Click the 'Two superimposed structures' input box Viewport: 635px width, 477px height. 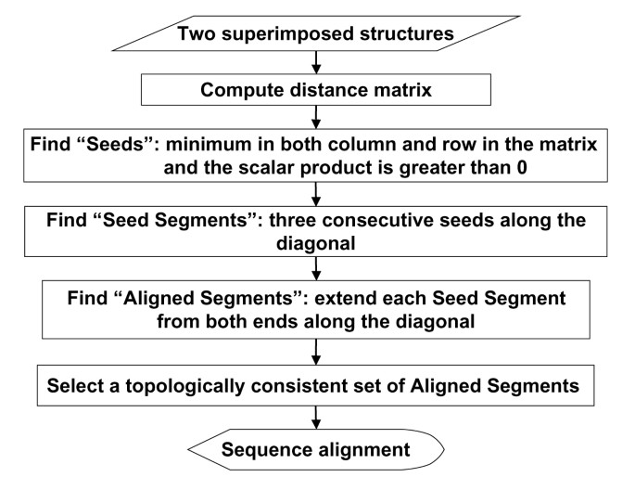click(317, 33)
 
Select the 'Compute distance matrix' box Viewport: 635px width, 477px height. click(317, 91)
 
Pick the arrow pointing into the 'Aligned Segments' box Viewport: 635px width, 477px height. click(317, 265)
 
